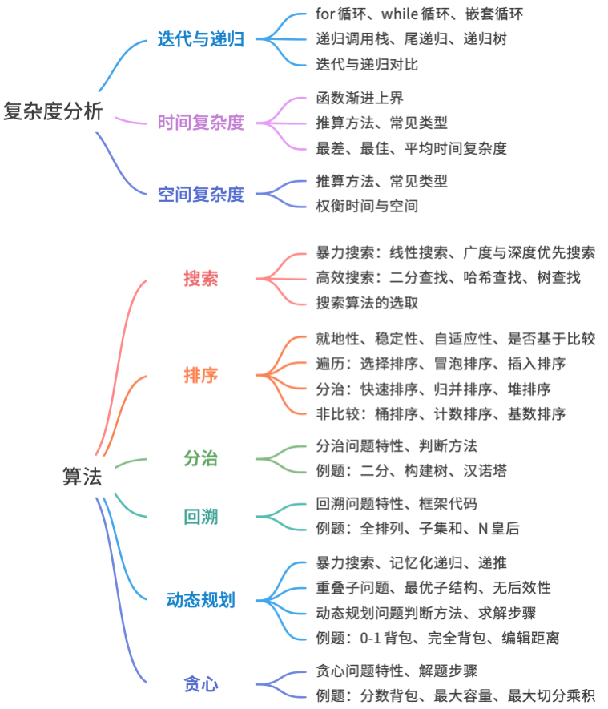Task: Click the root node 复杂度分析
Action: coord(54,111)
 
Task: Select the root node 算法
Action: coord(83,477)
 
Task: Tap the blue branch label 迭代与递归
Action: coord(201,39)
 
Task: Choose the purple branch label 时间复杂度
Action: coord(201,123)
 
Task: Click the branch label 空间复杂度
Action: coord(201,195)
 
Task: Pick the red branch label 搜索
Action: coord(201,278)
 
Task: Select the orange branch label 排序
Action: coord(201,375)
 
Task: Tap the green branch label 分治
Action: coord(201,458)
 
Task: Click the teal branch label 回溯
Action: coord(201,517)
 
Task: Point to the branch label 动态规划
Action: coord(201,600)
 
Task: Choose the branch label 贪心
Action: coord(201,683)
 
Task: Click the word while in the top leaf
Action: coord(399,14)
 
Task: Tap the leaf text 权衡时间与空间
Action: coord(367,206)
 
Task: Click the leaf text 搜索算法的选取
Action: coord(367,303)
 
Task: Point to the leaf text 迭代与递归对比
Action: coord(367,65)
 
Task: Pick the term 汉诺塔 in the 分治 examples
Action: coord(485,471)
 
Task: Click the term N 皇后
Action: coord(498,528)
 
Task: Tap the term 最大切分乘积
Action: coord(551,696)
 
